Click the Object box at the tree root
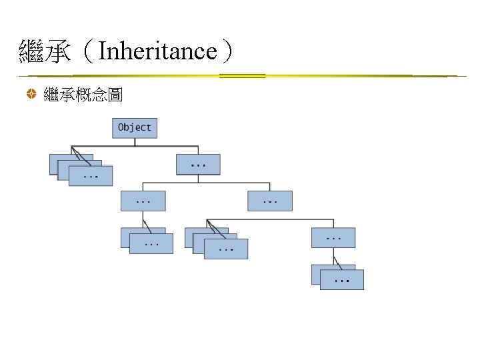click(x=135, y=127)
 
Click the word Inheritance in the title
click(x=157, y=51)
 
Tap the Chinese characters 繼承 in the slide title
click(x=45, y=52)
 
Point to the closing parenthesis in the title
click(x=229, y=52)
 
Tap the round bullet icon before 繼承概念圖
click(x=31, y=96)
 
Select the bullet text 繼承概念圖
click(x=83, y=96)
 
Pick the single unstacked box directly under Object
click(x=198, y=164)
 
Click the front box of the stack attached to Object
click(x=91, y=176)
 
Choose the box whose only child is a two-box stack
click(x=143, y=201)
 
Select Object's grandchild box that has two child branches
click(x=270, y=201)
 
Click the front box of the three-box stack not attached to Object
click(x=226, y=249)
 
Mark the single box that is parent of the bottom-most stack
click(x=333, y=237)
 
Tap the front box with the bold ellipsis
click(x=342, y=280)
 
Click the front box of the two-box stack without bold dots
click(x=151, y=244)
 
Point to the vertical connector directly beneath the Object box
click(x=135, y=141)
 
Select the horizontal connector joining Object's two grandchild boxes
click(x=207, y=182)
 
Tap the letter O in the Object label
click(x=121, y=127)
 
